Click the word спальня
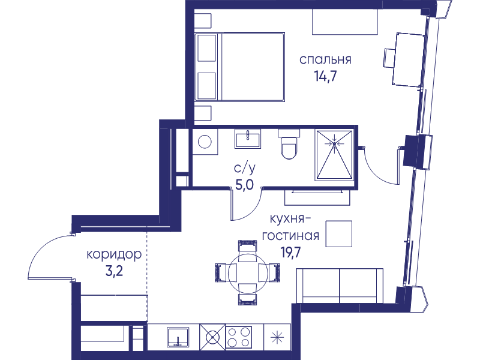(325, 60)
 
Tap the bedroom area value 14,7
(325, 76)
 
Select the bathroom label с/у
(245, 169)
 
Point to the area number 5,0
(245, 185)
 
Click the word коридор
(114, 255)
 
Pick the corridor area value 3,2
(114, 271)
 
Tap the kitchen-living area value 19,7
(291, 253)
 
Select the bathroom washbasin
(248, 139)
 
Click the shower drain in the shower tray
(334, 143)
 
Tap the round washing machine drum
(205, 142)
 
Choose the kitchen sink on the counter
(178, 337)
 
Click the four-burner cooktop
(239, 337)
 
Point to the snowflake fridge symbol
(277, 337)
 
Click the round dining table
(247, 272)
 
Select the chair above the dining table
(247, 250)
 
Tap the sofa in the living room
(340, 286)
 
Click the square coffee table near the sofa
(338, 234)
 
